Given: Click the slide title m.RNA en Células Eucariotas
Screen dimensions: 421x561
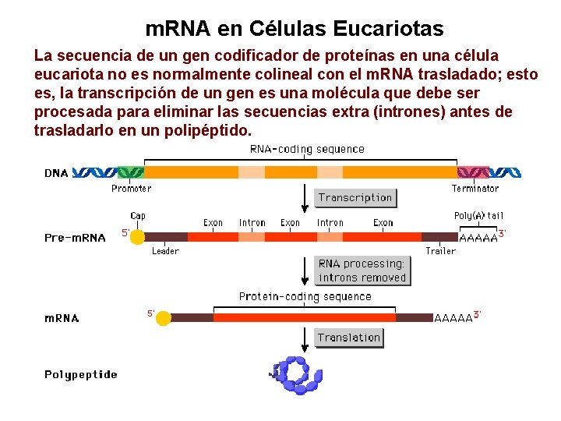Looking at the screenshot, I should [x=295, y=30].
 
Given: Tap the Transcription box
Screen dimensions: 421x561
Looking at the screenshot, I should [x=355, y=198].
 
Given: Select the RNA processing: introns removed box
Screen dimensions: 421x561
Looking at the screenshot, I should [x=362, y=271].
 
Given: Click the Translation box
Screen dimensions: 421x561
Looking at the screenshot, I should [x=348, y=338].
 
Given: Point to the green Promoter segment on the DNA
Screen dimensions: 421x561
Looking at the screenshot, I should [x=130, y=172].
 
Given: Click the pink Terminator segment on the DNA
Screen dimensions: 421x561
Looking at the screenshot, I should [x=474, y=172].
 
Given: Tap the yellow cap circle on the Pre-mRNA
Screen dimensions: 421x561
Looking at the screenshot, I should [x=138, y=236].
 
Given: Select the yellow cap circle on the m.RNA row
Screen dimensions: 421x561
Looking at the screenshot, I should [x=163, y=318].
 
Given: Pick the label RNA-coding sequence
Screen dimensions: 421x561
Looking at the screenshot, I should [x=307, y=149].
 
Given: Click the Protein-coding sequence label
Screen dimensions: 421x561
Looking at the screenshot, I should [x=305, y=296].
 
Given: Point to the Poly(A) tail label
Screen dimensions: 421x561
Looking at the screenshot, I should [x=478, y=216].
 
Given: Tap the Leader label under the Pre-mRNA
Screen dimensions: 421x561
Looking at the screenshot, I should [x=165, y=251].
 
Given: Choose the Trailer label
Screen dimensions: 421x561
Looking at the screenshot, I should [x=440, y=251].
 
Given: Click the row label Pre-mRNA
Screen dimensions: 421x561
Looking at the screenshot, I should [x=75, y=238].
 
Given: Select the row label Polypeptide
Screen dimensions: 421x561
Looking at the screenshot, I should [x=81, y=375].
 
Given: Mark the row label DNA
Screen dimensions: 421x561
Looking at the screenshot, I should [x=56, y=173].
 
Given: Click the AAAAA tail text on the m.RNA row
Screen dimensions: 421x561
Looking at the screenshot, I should [x=453, y=318].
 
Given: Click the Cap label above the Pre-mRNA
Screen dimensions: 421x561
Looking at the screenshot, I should [x=138, y=216].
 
